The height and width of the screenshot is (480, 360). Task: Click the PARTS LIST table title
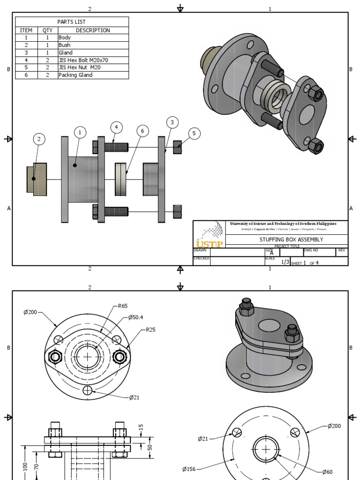pos(72,22)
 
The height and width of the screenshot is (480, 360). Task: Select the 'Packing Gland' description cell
pos(75,75)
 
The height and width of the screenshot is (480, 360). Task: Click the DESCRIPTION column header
pos(93,30)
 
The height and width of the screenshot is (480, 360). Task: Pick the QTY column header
pos(47,30)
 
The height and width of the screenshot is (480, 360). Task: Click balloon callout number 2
pos(39,139)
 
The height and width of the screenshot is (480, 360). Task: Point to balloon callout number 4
pos(117,127)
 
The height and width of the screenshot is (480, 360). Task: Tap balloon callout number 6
pos(142,131)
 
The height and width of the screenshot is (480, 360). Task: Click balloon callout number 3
pos(172,122)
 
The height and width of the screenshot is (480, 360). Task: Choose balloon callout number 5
pos(194,134)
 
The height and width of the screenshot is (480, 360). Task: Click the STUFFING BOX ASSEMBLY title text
pos(291,240)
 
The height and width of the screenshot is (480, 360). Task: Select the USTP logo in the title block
pos(209,235)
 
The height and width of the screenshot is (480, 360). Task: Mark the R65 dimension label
pos(122,306)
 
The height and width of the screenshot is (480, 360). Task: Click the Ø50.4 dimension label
pos(137,317)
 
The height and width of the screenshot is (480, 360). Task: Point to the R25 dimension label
pos(150,330)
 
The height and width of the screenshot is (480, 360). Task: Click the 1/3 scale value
pos(285,262)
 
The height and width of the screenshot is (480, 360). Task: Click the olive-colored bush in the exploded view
pos(37,179)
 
